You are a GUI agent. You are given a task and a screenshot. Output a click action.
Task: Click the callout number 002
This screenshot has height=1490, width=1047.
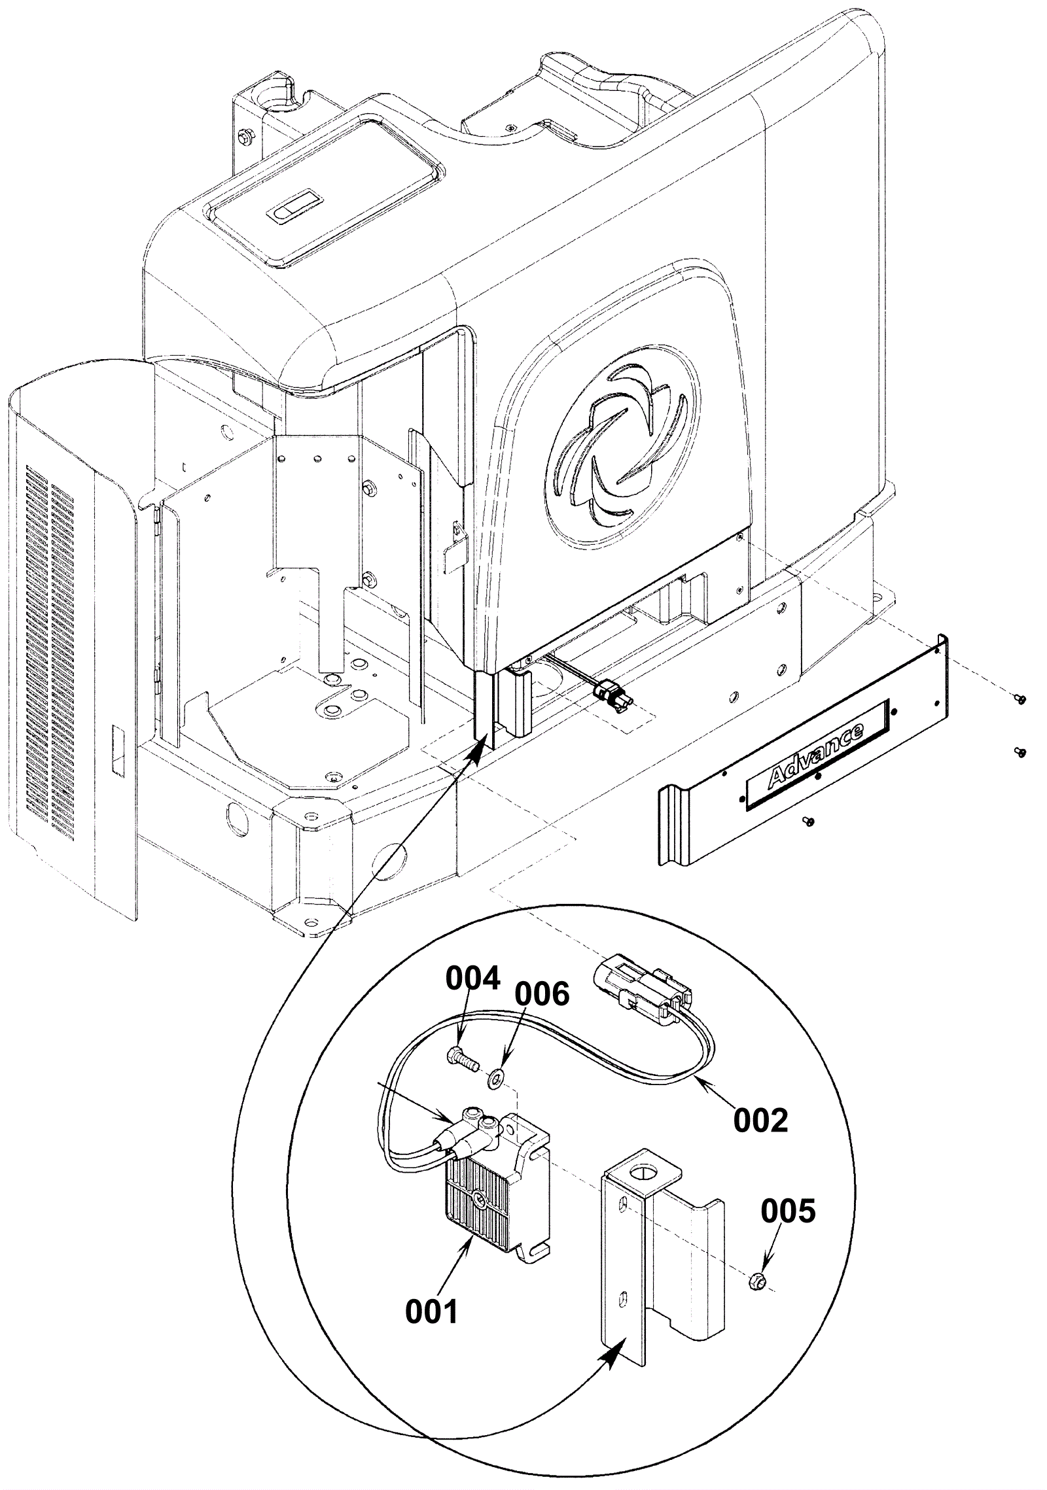click(760, 1120)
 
